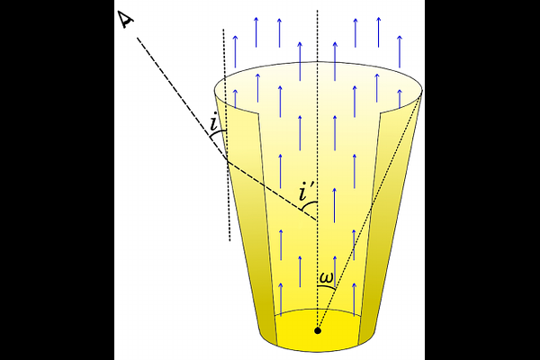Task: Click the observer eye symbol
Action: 126,20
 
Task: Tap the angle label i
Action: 214,121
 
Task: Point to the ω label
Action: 326,278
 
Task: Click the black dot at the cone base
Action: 318,331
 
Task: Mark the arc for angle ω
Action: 327,286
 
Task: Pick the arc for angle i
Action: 217,134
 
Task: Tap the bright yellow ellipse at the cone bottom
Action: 318,330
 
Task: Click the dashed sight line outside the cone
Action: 182,98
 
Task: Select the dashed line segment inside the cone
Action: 272,190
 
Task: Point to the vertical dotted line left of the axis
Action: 227,135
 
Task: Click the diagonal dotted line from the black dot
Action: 370,210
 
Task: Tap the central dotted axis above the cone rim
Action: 317,36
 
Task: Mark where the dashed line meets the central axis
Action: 317,220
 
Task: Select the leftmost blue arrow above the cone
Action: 235,51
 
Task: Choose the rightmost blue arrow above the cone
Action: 400,51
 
